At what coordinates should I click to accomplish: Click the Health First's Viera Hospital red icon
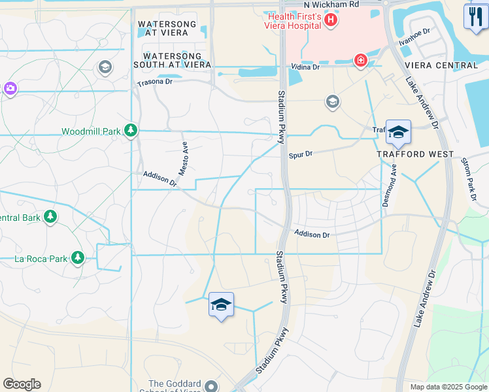coord(331,20)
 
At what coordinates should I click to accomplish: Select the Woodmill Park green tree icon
coord(131,131)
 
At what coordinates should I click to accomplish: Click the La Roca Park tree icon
coord(78,258)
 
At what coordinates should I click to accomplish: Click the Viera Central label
coord(441,65)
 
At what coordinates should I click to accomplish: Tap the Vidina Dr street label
coord(305,67)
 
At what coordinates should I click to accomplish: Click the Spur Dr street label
coord(301,155)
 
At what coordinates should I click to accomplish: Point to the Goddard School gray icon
coord(211,386)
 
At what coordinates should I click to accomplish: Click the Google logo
coord(22,384)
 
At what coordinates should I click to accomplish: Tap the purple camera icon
coord(10,88)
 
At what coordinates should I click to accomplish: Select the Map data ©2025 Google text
coord(448,387)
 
